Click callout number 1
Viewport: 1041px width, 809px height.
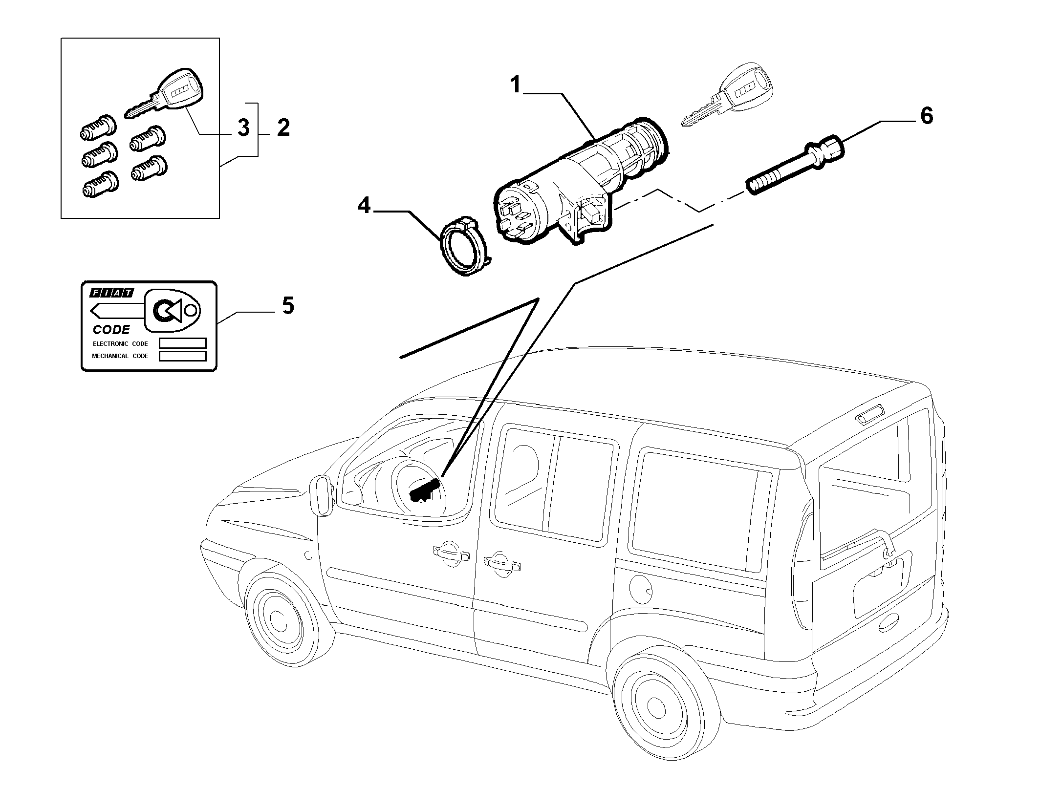516,85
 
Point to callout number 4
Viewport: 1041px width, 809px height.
364,205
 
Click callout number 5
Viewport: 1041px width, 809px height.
288,305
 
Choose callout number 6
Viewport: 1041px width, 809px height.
926,116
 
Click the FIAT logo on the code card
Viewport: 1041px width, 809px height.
111,293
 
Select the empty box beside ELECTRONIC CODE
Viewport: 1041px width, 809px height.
183,343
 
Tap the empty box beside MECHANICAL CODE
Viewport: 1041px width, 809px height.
183,356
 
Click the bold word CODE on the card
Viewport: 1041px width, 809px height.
111,330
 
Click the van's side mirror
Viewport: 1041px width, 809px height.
321,495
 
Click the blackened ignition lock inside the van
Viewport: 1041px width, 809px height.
425,490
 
